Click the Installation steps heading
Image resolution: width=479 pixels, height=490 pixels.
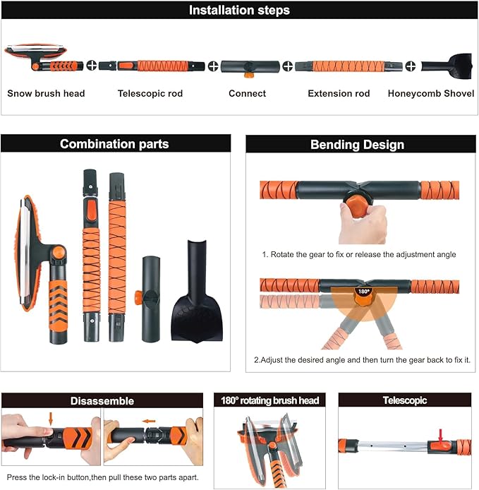[239, 11]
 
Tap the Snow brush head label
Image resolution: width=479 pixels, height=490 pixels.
[46, 93]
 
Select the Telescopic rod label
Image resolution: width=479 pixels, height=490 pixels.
[150, 93]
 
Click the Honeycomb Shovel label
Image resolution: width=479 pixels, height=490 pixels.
[431, 93]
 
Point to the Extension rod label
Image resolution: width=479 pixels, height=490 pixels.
[339, 93]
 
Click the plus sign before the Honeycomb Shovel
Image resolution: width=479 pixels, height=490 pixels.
[411, 66]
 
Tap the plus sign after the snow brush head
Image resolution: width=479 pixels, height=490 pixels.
[92, 66]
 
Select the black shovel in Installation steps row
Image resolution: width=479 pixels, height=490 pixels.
[447, 66]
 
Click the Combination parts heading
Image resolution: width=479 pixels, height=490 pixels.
[114, 144]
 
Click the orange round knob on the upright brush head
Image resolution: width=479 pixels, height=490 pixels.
[58, 253]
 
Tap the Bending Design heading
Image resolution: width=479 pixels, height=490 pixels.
[357, 145]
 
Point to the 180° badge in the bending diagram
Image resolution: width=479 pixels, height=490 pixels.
[363, 292]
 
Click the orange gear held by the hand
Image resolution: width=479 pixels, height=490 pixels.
[357, 205]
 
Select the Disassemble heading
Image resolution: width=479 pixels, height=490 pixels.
[102, 401]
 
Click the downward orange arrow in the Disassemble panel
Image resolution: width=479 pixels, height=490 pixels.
[51, 419]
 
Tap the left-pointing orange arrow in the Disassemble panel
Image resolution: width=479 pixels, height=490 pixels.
[149, 422]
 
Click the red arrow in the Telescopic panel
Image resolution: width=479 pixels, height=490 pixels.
[441, 436]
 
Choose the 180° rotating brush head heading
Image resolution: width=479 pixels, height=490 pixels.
[269, 400]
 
